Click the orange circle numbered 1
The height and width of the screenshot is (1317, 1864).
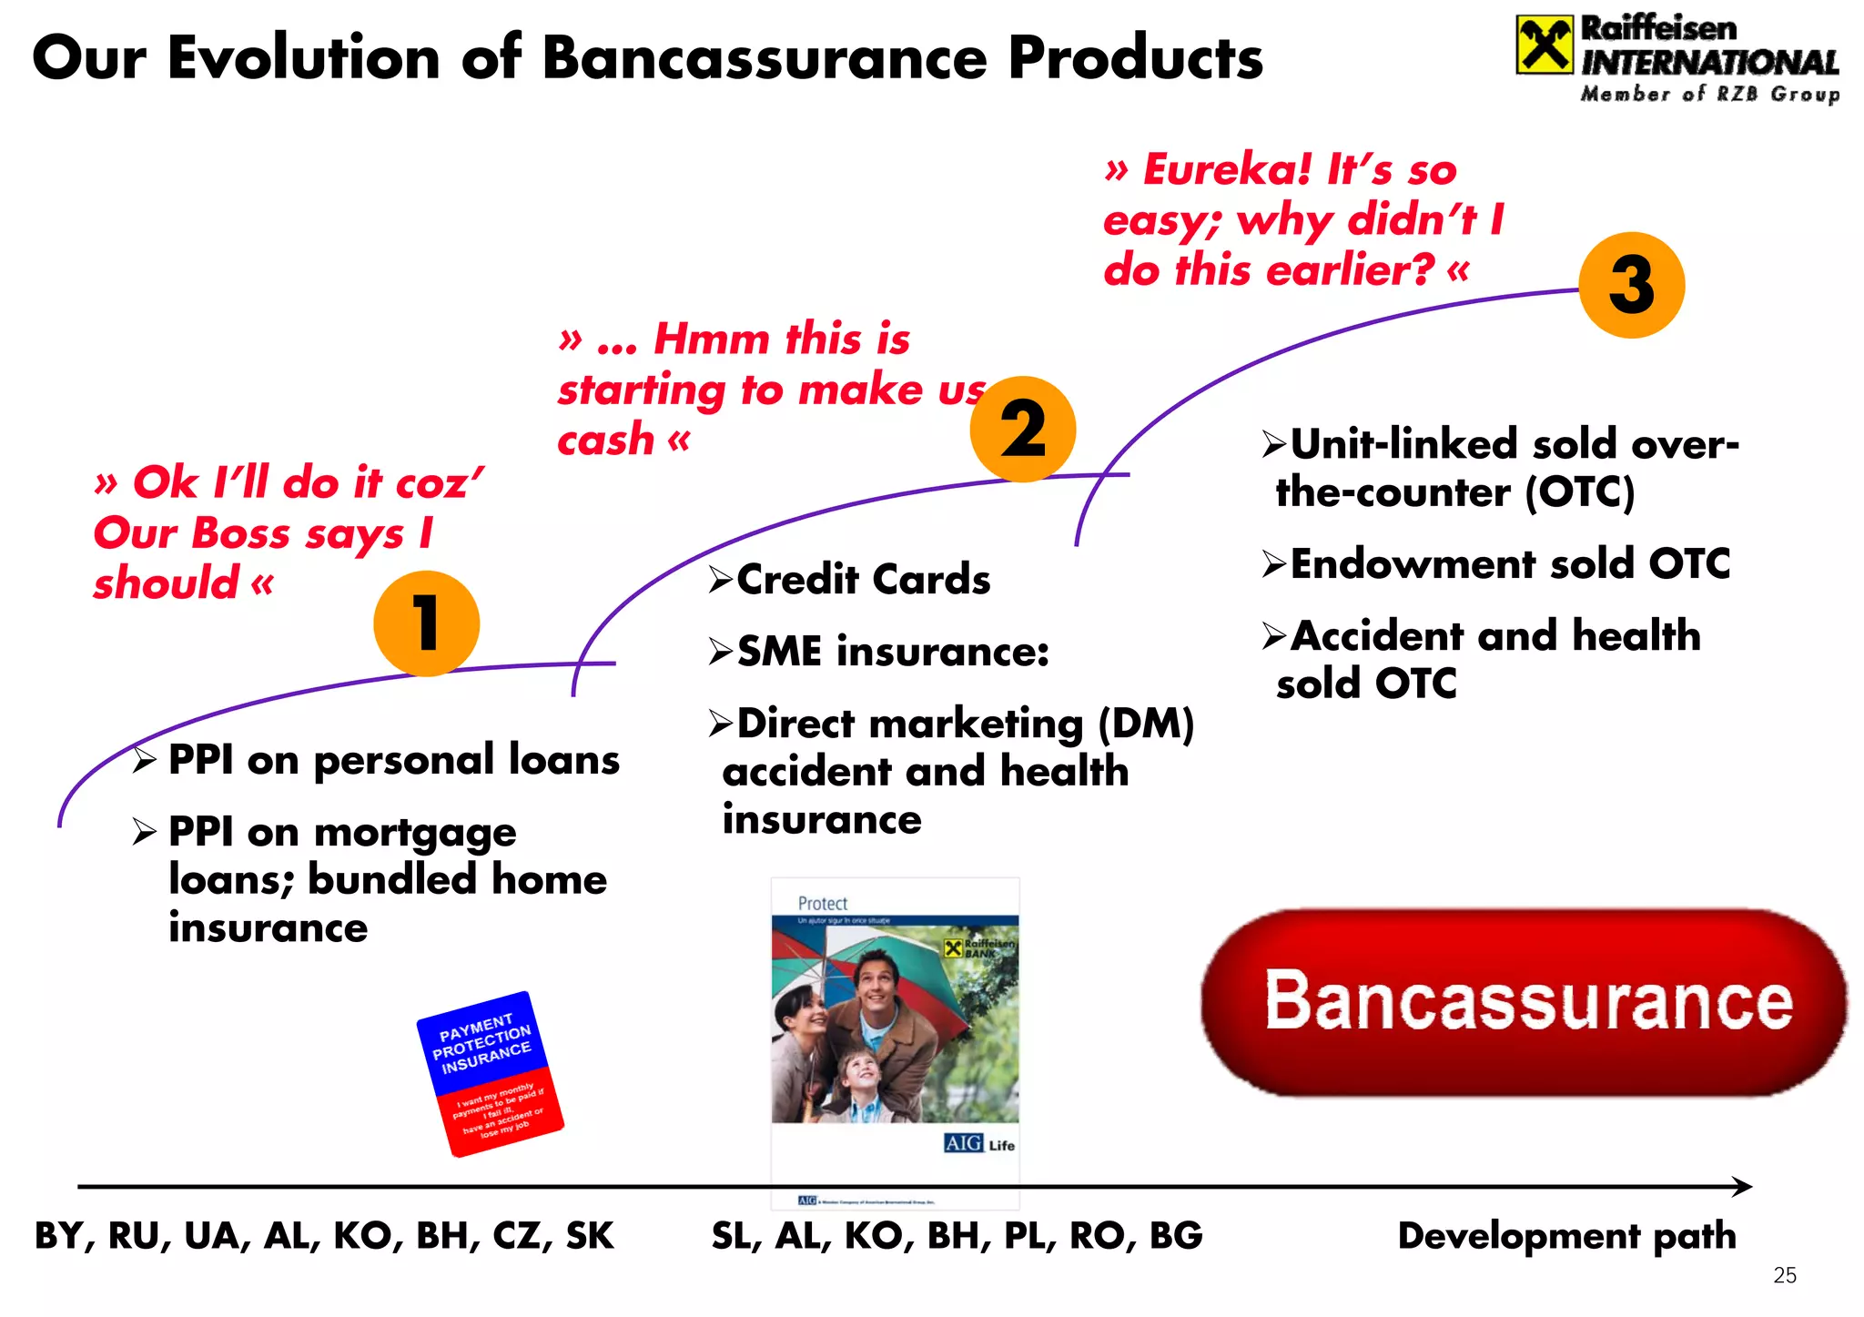coord(426,623)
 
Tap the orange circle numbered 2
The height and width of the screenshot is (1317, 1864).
coord(1023,429)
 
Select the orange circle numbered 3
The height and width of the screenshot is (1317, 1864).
coord(1631,285)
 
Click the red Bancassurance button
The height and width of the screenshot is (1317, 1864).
coord(1525,1001)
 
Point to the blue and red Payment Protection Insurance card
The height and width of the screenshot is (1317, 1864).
coord(490,1074)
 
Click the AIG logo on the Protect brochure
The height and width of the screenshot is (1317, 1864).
coord(963,1143)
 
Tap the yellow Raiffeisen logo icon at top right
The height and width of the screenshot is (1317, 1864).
coord(1544,45)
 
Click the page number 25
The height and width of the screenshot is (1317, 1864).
coord(1785,1275)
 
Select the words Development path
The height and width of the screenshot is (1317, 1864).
coord(1566,1236)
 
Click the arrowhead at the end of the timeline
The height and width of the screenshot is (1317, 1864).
coord(1742,1186)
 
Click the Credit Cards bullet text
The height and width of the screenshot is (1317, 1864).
coord(863,580)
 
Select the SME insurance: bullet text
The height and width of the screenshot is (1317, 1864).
coord(892,652)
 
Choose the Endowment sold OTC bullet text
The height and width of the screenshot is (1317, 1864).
coord(1510,564)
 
